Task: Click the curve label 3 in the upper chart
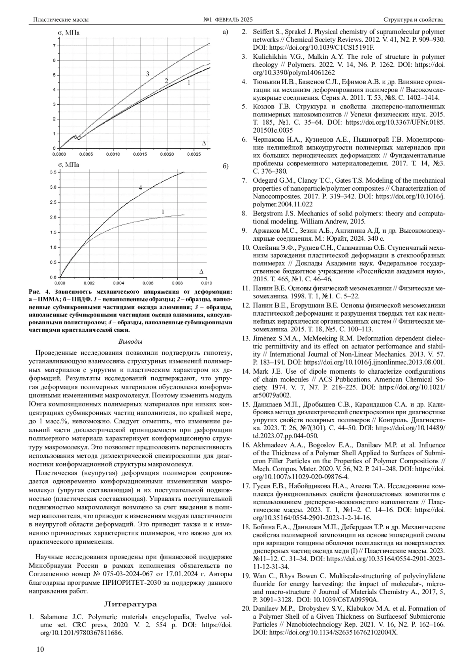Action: tap(147, 74)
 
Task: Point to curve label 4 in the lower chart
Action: tap(140, 188)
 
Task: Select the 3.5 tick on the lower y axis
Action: tap(52, 172)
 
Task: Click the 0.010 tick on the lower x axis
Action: tap(206, 283)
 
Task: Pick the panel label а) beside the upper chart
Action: tap(226, 32)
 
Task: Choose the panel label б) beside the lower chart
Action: tap(226, 166)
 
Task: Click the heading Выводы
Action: tap(130, 341)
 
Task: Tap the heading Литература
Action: tap(130, 604)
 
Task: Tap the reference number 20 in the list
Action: tap(245, 608)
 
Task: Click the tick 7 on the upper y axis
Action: tap(54, 46)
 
